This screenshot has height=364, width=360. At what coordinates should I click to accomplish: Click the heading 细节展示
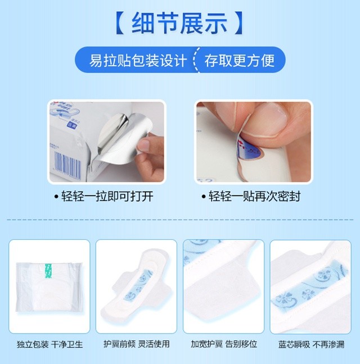point(179,24)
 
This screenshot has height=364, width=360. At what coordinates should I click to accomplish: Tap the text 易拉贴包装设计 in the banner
point(138,61)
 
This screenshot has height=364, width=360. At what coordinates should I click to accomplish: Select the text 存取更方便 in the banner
point(240,61)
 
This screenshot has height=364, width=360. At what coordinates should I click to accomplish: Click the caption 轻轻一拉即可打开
point(107,197)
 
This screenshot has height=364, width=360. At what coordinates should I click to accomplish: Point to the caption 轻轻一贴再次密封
point(254,197)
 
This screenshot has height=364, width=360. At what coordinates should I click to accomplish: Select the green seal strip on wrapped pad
point(48,270)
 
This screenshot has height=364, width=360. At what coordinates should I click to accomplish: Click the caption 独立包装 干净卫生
point(49,344)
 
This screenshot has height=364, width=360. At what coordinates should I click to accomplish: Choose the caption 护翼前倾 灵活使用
point(137,344)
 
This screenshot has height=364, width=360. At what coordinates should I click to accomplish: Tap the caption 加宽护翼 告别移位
point(224,344)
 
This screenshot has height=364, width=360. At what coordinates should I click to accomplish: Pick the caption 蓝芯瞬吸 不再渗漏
point(311,344)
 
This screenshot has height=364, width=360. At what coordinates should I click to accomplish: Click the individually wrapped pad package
point(49,287)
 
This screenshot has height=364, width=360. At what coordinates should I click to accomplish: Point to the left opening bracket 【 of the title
point(120,24)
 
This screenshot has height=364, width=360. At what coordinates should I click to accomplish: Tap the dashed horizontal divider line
point(180,220)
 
